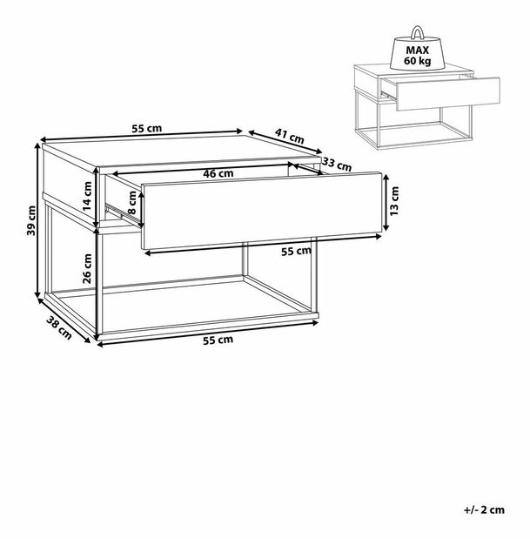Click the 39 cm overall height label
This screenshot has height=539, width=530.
(x=31, y=220)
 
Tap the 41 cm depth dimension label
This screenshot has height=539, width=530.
(x=290, y=136)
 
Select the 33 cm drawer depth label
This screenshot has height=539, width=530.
(x=338, y=165)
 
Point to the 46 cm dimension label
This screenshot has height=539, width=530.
(x=218, y=173)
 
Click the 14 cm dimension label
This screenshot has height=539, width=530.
(x=87, y=196)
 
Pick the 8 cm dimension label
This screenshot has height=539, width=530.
(x=132, y=202)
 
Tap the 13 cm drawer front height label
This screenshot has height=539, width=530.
(x=394, y=201)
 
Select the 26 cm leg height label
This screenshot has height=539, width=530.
(x=87, y=268)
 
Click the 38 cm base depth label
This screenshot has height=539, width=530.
(x=59, y=327)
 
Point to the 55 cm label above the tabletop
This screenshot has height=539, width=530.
(x=147, y=129)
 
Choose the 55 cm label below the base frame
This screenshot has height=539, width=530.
(x=218, y=340)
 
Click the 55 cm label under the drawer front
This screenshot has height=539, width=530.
(x=296, y=252)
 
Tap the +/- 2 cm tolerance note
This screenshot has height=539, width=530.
(x=484, y=509)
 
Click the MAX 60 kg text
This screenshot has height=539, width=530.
(x=418, y=56)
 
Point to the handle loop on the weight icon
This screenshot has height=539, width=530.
(x=417, y=32)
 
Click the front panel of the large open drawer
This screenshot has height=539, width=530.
(x=262, y=211)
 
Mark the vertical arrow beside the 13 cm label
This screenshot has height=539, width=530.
(x=386, y=202)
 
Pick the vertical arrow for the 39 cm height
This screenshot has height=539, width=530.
(x=37, y=220)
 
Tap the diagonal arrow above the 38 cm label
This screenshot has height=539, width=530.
(x=64, y=320)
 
